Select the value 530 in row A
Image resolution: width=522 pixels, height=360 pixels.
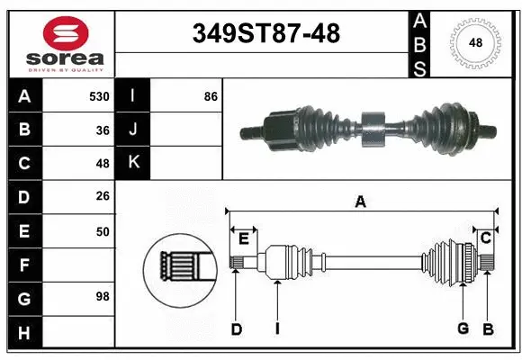99,96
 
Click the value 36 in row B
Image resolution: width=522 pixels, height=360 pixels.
103,130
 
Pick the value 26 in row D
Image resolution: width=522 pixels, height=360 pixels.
103,197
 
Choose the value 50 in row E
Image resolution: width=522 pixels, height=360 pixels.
103,231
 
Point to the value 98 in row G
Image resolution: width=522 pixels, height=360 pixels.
103,295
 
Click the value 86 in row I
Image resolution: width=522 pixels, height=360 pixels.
211,96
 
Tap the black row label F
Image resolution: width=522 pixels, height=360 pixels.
23,265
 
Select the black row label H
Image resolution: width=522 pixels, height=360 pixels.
23,333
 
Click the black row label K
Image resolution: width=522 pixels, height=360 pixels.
133,163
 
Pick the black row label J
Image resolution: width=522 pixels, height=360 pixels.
133,130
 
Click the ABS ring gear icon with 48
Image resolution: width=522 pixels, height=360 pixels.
475,43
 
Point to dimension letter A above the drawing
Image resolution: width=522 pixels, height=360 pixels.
360,202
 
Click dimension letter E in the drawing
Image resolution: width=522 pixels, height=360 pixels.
243,238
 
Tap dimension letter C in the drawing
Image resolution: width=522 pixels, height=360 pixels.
485,238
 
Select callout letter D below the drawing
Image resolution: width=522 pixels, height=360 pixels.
236,330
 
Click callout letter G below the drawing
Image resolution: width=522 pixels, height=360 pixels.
463,328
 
